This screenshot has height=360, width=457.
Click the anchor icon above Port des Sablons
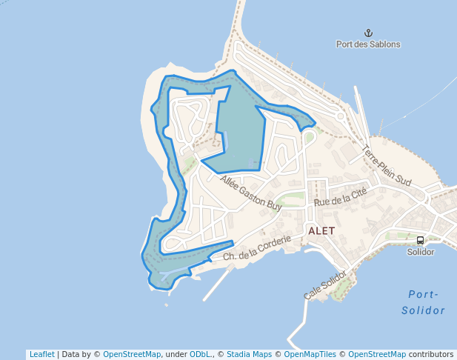[367, 32]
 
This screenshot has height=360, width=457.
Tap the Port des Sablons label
[368, 44]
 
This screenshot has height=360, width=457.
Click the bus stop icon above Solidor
[421, 240]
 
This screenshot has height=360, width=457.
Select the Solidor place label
[421, 252]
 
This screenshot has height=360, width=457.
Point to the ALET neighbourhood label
[321, 231]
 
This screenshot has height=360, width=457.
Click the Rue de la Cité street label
[341, 197]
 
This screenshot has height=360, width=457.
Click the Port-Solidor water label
[424, 302]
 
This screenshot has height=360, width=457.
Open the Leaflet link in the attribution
[41, 354]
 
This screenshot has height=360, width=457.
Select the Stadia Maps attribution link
[249, 354]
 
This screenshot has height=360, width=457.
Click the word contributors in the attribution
[431, 354]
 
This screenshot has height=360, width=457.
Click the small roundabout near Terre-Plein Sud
[340, 116]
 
